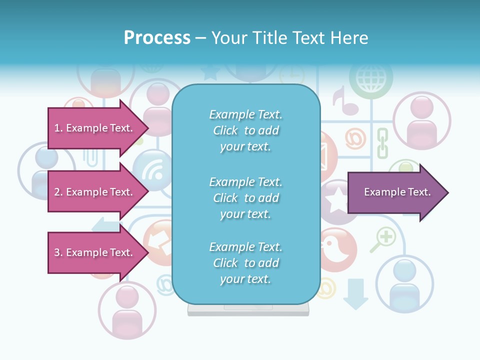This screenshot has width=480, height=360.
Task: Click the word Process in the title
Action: coord(157,38)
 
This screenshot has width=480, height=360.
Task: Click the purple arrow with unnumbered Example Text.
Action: coord(397,192)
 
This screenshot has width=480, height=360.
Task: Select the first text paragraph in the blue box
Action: coord(245,130)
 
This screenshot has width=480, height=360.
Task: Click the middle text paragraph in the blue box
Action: coord(245,198)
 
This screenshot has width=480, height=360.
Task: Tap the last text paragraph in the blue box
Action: coord(245,263)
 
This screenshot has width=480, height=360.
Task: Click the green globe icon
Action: coord(370,79)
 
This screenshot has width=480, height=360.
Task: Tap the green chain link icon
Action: coord(382,143)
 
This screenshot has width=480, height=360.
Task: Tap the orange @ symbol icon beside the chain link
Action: coord(355,138)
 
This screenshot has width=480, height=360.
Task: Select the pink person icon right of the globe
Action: coord(421,120)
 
